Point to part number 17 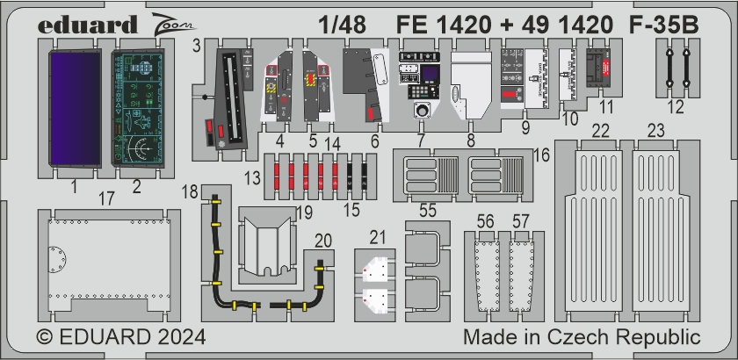coord(106,201)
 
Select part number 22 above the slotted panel coord(600,132)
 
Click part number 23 coord(656,132)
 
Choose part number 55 coord(429,211)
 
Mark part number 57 coord(522,222)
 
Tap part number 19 coord(304,212)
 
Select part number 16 coord(541,155)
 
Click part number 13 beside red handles coord(252,178)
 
